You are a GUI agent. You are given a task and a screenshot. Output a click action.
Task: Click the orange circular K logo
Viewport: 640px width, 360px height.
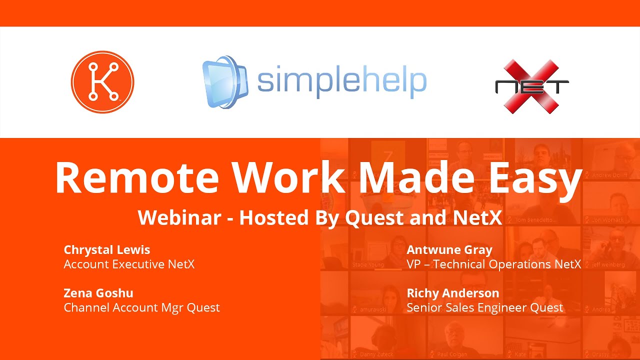click(102, 82)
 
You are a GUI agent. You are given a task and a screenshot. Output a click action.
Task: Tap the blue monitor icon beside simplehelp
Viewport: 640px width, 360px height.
click(224, 82)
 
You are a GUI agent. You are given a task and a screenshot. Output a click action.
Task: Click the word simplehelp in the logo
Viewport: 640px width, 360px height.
click(342, 81)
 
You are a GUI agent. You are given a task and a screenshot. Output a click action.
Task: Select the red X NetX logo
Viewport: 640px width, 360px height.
click(531, 86)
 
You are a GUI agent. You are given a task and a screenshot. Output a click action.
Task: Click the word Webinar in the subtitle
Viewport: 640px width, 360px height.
click(179, 217)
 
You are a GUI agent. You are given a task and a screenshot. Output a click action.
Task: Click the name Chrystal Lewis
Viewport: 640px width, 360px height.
click(107, 249)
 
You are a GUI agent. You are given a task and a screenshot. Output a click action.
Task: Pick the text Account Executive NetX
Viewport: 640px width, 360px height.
click(129, 264)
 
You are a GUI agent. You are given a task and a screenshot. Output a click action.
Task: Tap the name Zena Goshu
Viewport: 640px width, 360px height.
click(98, 292)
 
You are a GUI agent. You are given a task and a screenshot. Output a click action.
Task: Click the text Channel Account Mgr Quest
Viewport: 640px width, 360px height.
click(141, 307)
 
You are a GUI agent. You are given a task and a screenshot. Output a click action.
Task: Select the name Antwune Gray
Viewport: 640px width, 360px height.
click(449, 249)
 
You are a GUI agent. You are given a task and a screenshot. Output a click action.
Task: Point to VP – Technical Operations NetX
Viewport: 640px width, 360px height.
click(494, 264)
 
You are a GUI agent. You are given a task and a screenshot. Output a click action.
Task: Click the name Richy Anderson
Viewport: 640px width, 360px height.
click(453, 292)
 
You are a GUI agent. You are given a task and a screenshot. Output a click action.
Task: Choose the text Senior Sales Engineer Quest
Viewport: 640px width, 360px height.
click(485, 307)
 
